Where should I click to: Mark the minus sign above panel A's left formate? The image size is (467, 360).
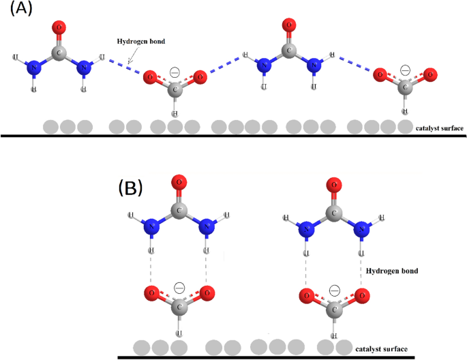[175, 70]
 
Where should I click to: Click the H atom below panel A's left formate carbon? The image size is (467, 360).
[175, 112]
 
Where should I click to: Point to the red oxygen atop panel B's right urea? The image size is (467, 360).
[334, 183]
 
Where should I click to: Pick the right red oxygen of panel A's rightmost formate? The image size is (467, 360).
[429, 74]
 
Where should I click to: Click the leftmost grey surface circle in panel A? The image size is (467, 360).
[50, 127]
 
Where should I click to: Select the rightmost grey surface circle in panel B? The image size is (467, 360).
[344, 347]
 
